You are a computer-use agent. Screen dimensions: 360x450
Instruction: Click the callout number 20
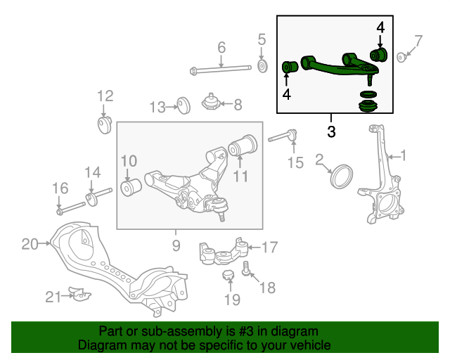pyautogui.click(x=29, y=244)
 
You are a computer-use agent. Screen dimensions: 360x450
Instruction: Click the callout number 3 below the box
pyautogui.click(x=331, y=131)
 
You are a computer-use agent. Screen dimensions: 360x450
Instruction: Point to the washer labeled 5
pyautogui.click(x=262, y=66)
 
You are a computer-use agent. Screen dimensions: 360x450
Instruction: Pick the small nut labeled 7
pyautogui.click(x=401, y=58)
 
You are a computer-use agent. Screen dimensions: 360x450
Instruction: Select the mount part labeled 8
pyautogui.click(x=210, y=103)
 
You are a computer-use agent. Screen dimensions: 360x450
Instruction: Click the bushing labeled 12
pyautogui.click(x=105, y=124)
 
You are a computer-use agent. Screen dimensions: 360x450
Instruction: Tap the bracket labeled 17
pyautogui.click(x=224, y=252)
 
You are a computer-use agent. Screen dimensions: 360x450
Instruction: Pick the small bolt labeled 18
pyautogui.click(x=247, y=270)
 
